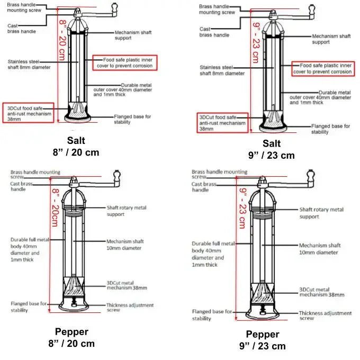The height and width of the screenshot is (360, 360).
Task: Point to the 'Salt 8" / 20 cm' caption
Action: coord(76,147)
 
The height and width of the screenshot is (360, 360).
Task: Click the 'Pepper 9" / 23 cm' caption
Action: coord(263,340)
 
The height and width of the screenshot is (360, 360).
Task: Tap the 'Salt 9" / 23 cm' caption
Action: coord(272,149)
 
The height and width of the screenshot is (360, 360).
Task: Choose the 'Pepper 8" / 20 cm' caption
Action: coord(71,338)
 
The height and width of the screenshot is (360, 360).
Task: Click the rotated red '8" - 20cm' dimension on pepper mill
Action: coord(56,208)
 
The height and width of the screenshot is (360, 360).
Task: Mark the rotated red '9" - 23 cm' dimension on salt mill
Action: coord(256,43)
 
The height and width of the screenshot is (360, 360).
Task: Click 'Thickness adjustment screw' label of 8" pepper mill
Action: coord(130,308)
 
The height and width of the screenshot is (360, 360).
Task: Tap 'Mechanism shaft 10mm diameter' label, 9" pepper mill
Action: coord(320,249)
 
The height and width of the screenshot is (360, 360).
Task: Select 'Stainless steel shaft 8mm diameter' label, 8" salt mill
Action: coord(29,65)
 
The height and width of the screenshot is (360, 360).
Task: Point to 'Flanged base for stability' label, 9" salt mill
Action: coord(330,129)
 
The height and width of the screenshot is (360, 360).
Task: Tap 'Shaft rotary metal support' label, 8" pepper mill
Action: coord(127,211)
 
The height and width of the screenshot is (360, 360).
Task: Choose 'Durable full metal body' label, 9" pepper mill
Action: coord(213,254)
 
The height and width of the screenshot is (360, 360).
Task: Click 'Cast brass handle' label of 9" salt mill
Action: coord(214,32)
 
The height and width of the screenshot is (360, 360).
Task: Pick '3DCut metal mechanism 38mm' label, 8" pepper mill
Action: coord(127,285)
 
